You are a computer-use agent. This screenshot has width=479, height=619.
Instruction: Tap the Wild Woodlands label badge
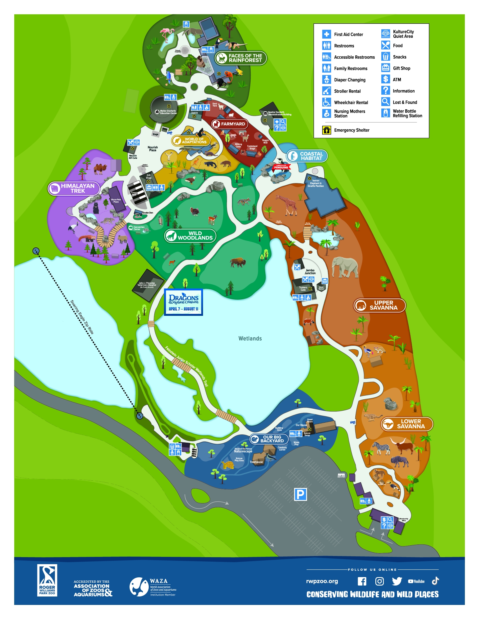pyautogui.click(x=190, y=235)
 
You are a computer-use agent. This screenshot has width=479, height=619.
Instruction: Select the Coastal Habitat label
pyautogui.click(x=307, y=156)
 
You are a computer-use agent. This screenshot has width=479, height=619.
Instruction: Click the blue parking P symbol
pyautogui.click(x=300, y=494)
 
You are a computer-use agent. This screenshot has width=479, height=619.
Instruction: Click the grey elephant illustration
pyautogui.click(x=345, y=267)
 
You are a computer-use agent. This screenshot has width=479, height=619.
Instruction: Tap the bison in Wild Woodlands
pyautogui.click(x=238, y=262)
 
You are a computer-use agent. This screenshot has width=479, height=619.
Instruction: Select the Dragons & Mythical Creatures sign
pyautogui.click(x=183, y=302)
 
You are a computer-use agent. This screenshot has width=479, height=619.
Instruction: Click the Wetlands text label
pyautogui.click(x=250, y=338)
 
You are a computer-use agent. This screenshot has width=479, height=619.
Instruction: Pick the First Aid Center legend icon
pyautogui.click(x=327, y=34)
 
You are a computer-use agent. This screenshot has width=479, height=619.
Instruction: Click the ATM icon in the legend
pyautogui.click(x=385, y=79)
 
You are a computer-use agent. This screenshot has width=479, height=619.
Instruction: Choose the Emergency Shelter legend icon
pyautogui.click(x=327, y=130)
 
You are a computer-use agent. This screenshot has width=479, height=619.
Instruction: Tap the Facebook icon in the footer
pyautogui.click(x=362, y=582)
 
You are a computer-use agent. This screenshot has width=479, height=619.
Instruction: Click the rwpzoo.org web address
pyautogui.click(x=322, y=581)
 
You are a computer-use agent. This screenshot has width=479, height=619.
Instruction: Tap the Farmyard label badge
pyautogui.click(x=230, y=124)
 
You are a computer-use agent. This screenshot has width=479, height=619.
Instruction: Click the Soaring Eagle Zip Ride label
pyautogui.click(x=82, y=317)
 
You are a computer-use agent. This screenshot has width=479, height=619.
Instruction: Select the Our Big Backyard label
pyautogui.click(x=269, y=439)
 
